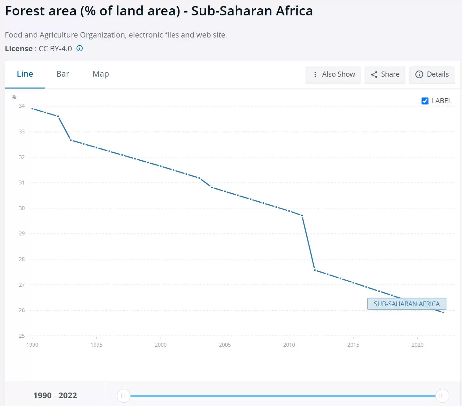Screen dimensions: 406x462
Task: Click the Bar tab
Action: coord(63,74)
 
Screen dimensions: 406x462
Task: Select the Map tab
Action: coord(100,74)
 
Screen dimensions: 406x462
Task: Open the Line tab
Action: coord(25,74)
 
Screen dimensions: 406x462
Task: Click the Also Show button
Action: coord(333,74)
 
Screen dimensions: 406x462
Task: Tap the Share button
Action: coord(385,74)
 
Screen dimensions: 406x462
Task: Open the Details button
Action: coord(432,74)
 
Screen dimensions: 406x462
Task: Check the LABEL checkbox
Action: coord(425,101)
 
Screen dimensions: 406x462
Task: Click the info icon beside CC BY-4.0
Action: coord(80,48)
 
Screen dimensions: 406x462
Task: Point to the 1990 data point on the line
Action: coord(32,109)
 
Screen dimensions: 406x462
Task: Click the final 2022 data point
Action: coord(443,312)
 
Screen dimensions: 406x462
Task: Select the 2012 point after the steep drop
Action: coord(315,270)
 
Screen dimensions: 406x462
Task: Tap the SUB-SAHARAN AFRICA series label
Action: coord(406,304)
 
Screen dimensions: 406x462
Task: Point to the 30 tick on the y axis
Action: coord(22,208)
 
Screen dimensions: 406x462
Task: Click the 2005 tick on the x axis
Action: coord(225,345)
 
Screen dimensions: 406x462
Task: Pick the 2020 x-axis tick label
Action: coord(417,345)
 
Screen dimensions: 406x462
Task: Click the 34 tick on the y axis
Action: coord(22,106)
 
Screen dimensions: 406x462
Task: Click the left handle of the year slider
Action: coord(123,396)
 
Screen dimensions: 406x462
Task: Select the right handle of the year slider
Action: coord(442,396)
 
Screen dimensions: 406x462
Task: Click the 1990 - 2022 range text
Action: coord(55,395)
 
